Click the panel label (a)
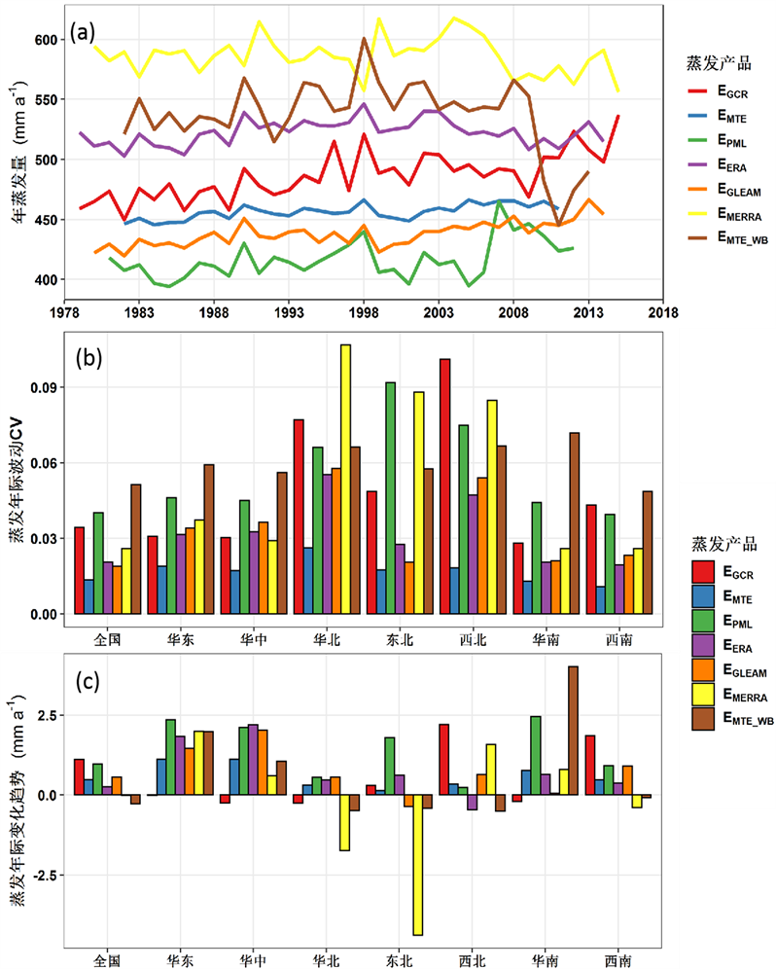click(82, 32)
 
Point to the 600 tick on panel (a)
click(44, 40)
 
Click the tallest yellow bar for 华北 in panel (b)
click(345, 479)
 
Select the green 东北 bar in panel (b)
click(390, 498)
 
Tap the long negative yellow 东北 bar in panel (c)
click(418, 865)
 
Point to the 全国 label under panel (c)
click(107, 959)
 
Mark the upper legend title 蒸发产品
click(718, 62)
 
